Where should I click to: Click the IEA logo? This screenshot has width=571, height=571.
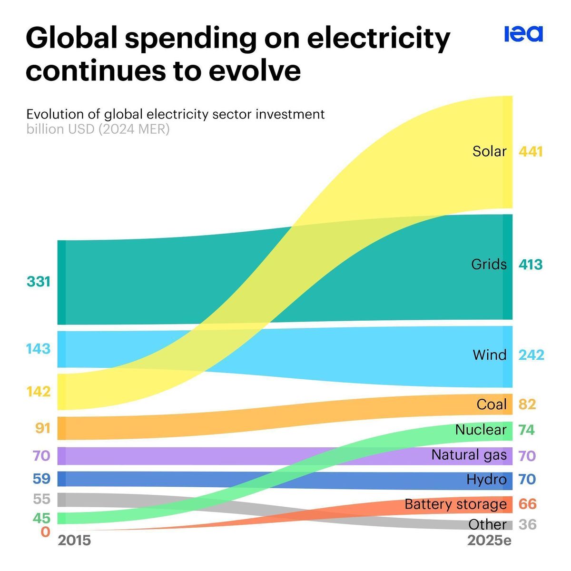(x=523, y=34)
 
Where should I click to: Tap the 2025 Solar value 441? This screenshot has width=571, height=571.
(x=531, y=152)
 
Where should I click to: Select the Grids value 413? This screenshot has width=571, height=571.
(x=531, y=265)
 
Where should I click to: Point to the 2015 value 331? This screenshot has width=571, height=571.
(x=39, y=282)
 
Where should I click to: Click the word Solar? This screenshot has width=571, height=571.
(x=489, y=151)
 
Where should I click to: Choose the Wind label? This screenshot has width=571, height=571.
(x=489, y=355)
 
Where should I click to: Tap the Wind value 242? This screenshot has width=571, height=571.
(x=531, y=355)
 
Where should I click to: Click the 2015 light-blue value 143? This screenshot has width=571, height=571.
(x=39, y=349)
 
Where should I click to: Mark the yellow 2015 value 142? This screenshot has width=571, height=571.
(x=39, y=392)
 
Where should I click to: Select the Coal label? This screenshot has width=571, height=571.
(x=492, y=404)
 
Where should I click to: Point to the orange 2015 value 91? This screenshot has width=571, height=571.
(x=43, y=428)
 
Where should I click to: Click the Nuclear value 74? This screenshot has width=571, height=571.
(x=527, y=430)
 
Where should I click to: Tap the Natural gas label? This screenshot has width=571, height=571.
(x=469, y=455)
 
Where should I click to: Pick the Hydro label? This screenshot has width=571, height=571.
(x=486, y=479)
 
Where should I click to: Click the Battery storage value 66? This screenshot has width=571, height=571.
(x=527, y=504)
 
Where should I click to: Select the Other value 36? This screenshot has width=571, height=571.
(x=528, y=525)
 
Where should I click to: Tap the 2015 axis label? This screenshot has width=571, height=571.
(x=74, y=541)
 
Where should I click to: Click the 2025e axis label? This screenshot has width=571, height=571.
(x=489, y=541)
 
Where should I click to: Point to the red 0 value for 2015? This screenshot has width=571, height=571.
(x=45, y=532)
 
